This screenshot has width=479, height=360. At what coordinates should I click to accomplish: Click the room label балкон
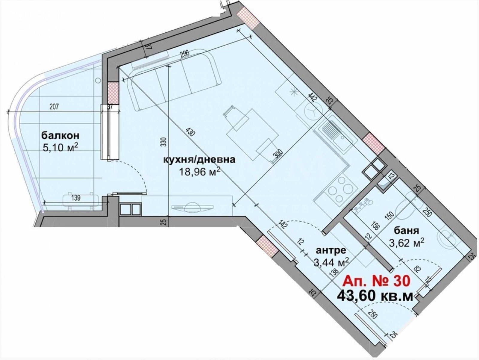pyautogui.click(x=60, y=136)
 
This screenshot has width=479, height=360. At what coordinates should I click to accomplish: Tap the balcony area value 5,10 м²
pyautogui.click(x=60, y=147)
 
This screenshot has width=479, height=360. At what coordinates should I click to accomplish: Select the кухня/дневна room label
pyautogui.click(x=199, y=160)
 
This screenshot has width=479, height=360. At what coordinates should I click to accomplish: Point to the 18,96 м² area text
pyautogui.click(x=199, y=172)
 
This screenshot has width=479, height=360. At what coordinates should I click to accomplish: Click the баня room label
pyautogui.click(x=406, y=231)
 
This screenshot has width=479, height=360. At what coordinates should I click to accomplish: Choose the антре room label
pyautogui.click(x=331, y=250)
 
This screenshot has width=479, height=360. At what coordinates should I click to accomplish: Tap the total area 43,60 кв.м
pyautogui.click(x=375, y=296)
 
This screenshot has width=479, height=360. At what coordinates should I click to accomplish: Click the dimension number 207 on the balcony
pyautogui.click(x=54, y=107)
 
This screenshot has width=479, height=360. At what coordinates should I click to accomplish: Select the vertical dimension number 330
pyautogui.click(x=164, y=142)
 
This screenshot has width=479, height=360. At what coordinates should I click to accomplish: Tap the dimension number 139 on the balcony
pyautogui.click(x=76, y=198)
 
